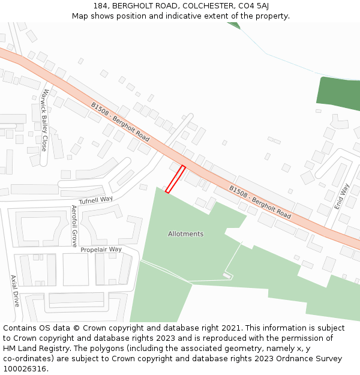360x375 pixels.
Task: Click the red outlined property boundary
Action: coord(175,179)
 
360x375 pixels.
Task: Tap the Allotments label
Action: coord(185,234)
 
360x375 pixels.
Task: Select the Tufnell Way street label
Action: coord(95,199)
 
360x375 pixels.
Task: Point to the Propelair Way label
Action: coord(101,250)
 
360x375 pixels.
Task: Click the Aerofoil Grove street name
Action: coord(74,226)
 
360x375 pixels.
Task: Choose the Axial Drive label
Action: coord(14,291)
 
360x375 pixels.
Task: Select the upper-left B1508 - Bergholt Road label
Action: coord(120,121)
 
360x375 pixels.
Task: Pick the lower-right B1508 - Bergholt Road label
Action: coord(260,202)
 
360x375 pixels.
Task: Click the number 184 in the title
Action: coord(101,6)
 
